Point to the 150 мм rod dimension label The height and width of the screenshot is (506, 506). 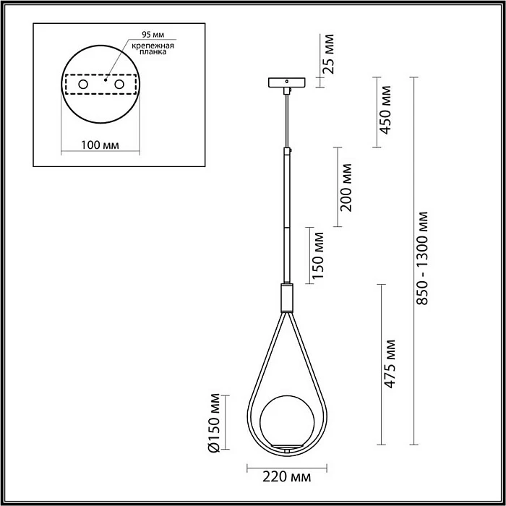tap(318, 257)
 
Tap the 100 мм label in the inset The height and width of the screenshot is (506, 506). tap(99, 145)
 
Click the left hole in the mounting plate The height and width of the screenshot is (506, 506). tap(82, 85)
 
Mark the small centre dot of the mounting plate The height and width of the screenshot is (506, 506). tap(106, 82)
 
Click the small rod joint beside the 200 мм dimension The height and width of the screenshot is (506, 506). tap(288, 151)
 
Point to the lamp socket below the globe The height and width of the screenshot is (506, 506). tap(287, 450)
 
